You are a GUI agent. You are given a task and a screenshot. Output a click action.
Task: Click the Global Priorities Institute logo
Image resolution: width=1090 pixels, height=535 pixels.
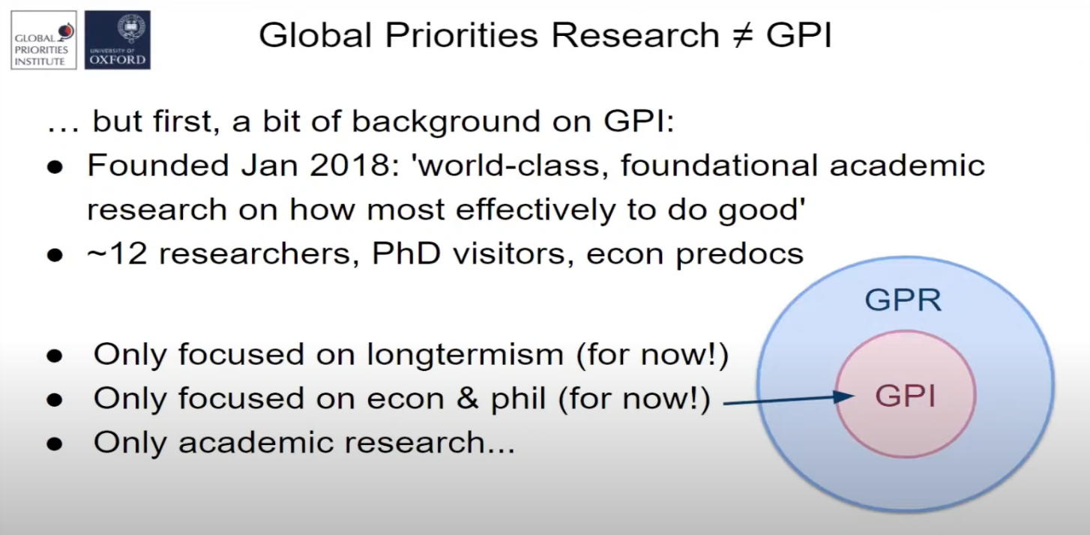click(x=43, y=40)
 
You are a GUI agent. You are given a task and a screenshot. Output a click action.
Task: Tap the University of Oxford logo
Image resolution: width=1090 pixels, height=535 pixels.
click(x=117, y=40)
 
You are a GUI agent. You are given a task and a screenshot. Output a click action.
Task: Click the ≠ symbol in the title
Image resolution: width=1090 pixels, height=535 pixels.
click(x=743, y=36)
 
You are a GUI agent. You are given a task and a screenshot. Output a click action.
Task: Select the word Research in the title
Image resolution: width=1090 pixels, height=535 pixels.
click(x=635, y=35)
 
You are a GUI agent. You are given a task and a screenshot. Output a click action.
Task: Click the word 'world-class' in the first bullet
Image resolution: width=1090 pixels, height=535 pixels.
click(x=511, y=166)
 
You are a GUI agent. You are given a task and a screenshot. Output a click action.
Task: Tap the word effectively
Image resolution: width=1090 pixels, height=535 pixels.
click(x=535, y=210)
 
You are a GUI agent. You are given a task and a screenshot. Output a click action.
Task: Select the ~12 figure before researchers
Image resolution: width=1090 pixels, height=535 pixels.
click(x=117, y=254)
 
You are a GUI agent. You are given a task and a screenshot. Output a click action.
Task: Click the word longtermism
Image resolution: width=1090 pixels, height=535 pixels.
click(x=466, y=354)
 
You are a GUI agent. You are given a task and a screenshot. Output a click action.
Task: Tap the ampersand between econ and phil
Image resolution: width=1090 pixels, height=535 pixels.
click(x=468, y=399)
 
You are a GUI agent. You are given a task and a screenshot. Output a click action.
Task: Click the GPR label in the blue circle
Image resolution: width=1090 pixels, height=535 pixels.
click(x=903, y=300)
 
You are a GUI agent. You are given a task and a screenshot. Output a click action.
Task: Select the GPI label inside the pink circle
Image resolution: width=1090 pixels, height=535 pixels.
click(x=905, y=396)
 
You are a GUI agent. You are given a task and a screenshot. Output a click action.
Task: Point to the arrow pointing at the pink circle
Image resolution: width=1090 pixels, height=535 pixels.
click(x=789, y=400)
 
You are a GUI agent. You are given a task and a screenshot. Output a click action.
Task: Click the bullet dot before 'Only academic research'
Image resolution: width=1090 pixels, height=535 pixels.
click(x=55, y=444)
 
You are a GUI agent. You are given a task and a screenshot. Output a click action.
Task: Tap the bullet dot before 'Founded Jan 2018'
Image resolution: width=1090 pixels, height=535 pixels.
click(x=55, y=167)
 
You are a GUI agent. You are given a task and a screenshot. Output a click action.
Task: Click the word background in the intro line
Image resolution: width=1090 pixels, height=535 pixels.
click(x=446, y=121)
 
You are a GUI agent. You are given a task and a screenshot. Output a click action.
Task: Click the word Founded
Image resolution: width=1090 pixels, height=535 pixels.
click(x=157, y=166)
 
